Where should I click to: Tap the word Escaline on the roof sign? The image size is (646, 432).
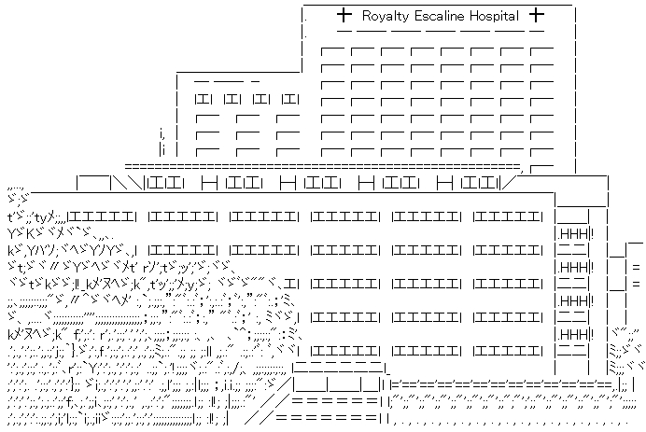coord(445,16)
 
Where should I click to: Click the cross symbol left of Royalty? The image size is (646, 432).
coord(344,15)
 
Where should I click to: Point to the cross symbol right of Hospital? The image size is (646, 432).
coord(536,15)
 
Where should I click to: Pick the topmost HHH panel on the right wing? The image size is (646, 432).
coord(573,232)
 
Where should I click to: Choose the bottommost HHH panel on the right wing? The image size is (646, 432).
coord(573,333)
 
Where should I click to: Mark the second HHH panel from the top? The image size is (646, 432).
coord(573,266)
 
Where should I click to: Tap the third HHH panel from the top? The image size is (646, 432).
coord(573,300)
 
